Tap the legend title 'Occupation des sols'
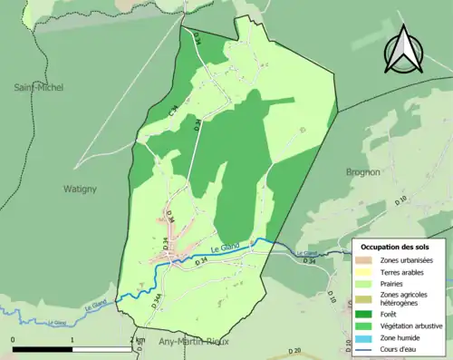(x=397, y=247)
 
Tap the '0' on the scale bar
(x=14, y=339)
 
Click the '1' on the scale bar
(x=72, y=339)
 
